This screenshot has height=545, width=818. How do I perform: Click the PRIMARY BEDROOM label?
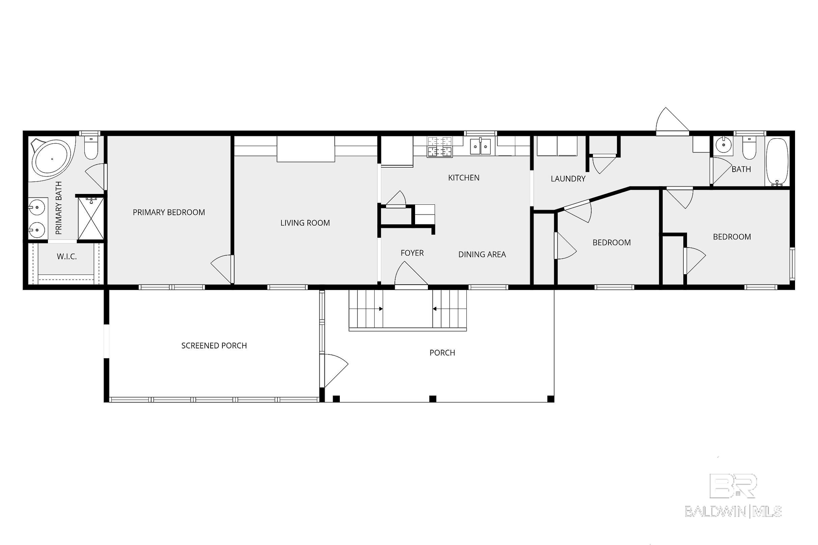(169, 212)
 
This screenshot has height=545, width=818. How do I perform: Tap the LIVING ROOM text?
(305, 223)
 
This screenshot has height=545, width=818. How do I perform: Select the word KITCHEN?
(464, 178)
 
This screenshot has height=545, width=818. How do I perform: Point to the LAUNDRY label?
(568, 179)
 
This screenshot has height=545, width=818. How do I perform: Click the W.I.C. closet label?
(67, 257)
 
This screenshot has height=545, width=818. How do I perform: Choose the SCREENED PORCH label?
(214, 345)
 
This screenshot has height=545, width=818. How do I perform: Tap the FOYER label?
(412, 253)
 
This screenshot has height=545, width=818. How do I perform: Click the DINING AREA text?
(482, 254)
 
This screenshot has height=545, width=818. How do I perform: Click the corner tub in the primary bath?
(52, 159)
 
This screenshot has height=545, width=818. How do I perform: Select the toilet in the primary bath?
(91, 147)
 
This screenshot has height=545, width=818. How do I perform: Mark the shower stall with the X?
(91, 218)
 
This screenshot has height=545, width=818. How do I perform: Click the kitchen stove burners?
(440, 147)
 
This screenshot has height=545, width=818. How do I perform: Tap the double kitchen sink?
(481, 146)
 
